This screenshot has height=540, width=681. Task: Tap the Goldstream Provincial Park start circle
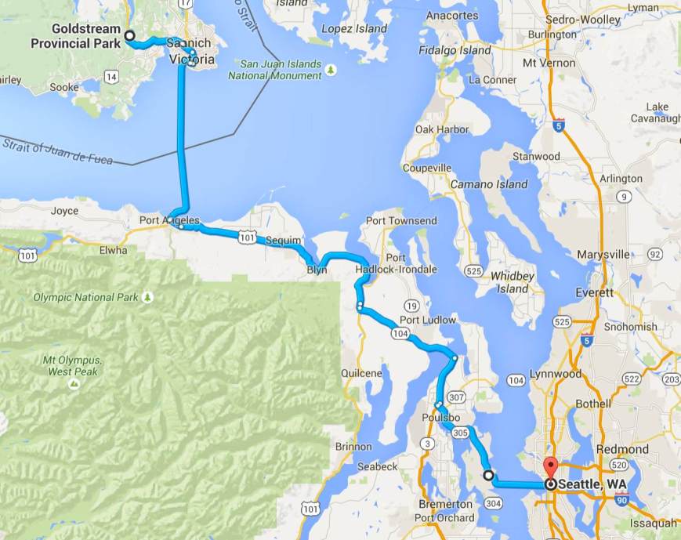(x=129, y=35)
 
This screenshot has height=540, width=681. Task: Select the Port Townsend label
(x=401, y=221)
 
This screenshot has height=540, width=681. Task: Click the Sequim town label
(x=283, y=240)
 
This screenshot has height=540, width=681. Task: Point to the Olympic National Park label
(x=86, y=297)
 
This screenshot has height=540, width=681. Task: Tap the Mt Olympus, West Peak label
(x=72, y=366)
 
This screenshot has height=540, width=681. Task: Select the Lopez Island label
(x=355, y=29)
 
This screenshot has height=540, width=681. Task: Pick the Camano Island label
(x=489, y=184)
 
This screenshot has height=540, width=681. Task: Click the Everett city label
(x=595, y=292)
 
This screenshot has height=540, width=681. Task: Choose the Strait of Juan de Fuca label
(x=58, y=150)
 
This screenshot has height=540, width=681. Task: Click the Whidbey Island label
(x=513, y=282)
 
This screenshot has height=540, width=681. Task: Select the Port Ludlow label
(x=427, y=320)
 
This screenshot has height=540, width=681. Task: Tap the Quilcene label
(x=362, y=374)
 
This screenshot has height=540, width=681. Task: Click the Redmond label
(x=621, y=449)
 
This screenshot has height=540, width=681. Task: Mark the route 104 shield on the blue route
(x=400, y=333)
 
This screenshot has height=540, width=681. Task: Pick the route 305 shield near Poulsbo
(x=460, y=432)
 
